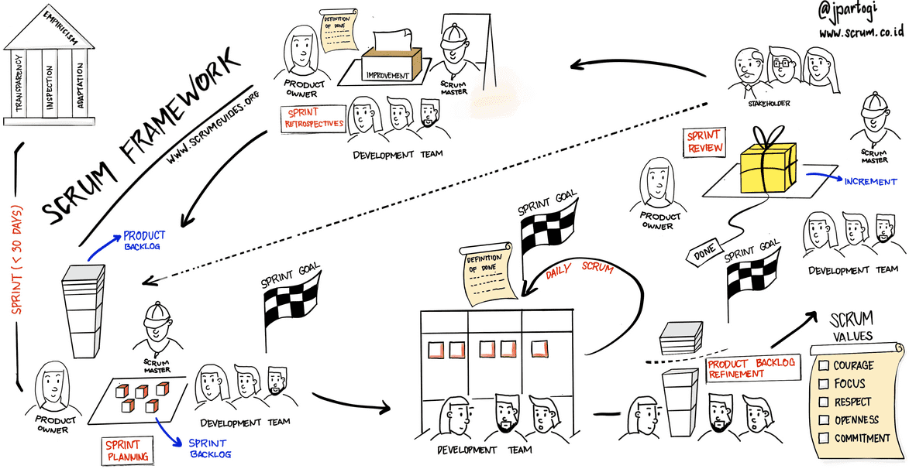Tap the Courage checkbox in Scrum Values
pos(824,365)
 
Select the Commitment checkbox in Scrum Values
pos(824,438)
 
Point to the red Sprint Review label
pos(704,142)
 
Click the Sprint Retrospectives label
pos(313,118)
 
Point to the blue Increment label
pos(871,183)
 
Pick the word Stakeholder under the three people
pos(769,103)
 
